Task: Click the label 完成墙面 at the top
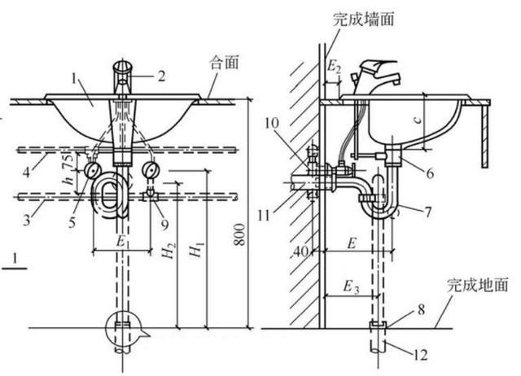(x=362, y=19)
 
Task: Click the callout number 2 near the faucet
(x=161, y=77)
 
